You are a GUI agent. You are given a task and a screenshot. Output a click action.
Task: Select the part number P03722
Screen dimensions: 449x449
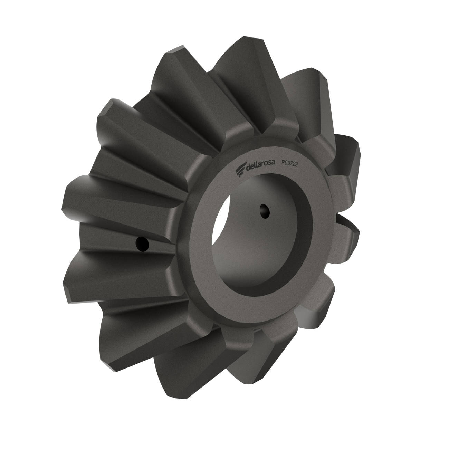290,163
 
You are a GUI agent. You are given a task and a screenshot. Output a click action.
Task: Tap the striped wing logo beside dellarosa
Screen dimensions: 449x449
241,170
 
